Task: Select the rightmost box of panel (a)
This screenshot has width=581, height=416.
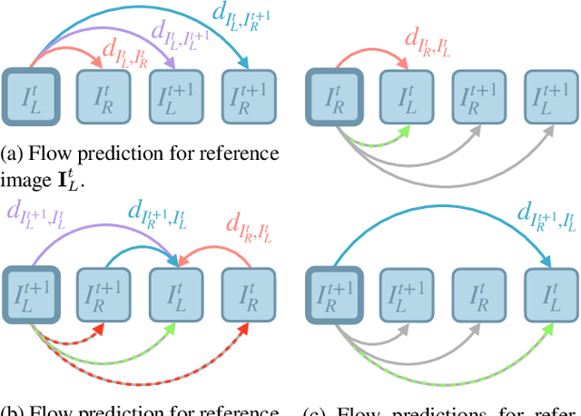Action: pyautogui.click(x=245, y=93)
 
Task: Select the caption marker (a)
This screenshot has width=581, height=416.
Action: pyautogui.click(x=13, y=152)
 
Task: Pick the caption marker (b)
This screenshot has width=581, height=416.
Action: pyautogui.click(x=13, y=410)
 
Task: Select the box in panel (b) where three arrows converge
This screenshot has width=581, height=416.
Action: pyautogui.click(x=174, y=292)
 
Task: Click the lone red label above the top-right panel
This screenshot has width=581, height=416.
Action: pyautogui.click(x=428, y=41)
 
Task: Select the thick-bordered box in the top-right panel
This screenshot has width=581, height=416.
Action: pyautogui.click(x=332, y=93)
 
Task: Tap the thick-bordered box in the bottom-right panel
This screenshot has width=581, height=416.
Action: pyautogui.click(x=332, y=292)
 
